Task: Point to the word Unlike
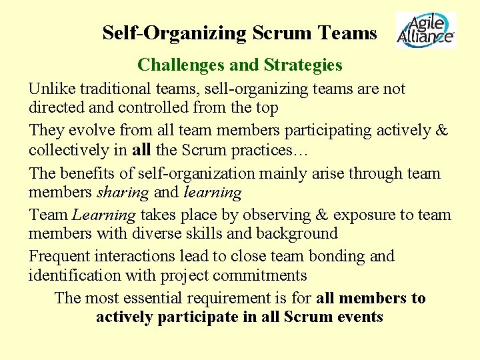48,89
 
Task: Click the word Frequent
59,256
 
